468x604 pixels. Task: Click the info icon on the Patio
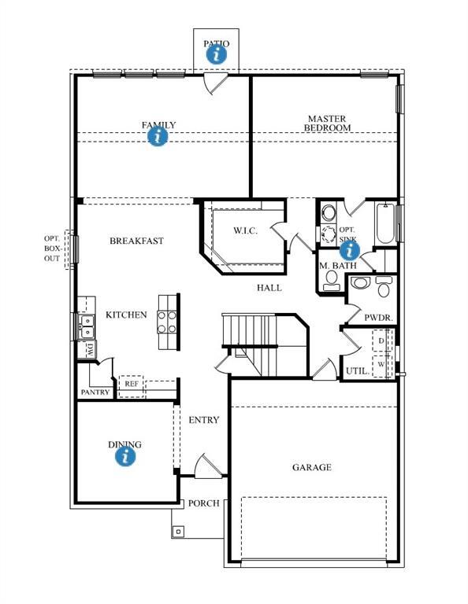point(217,54)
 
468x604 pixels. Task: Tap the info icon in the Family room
point(158,136)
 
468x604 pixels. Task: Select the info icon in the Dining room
point(124,456)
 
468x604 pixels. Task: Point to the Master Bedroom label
point(327,123)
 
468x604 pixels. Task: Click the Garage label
point(312,467)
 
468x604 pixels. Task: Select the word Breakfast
point(136,241)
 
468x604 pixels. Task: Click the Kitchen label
point(126,315)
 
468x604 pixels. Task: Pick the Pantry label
point(95,392)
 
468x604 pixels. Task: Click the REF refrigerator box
point(132,384)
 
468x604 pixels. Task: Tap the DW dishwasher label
point(90,349)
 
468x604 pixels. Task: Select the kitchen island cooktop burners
point(167,322)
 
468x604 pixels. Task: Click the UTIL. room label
point(355,370)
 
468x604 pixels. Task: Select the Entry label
point(204,420)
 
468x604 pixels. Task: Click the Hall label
point(269,288)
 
